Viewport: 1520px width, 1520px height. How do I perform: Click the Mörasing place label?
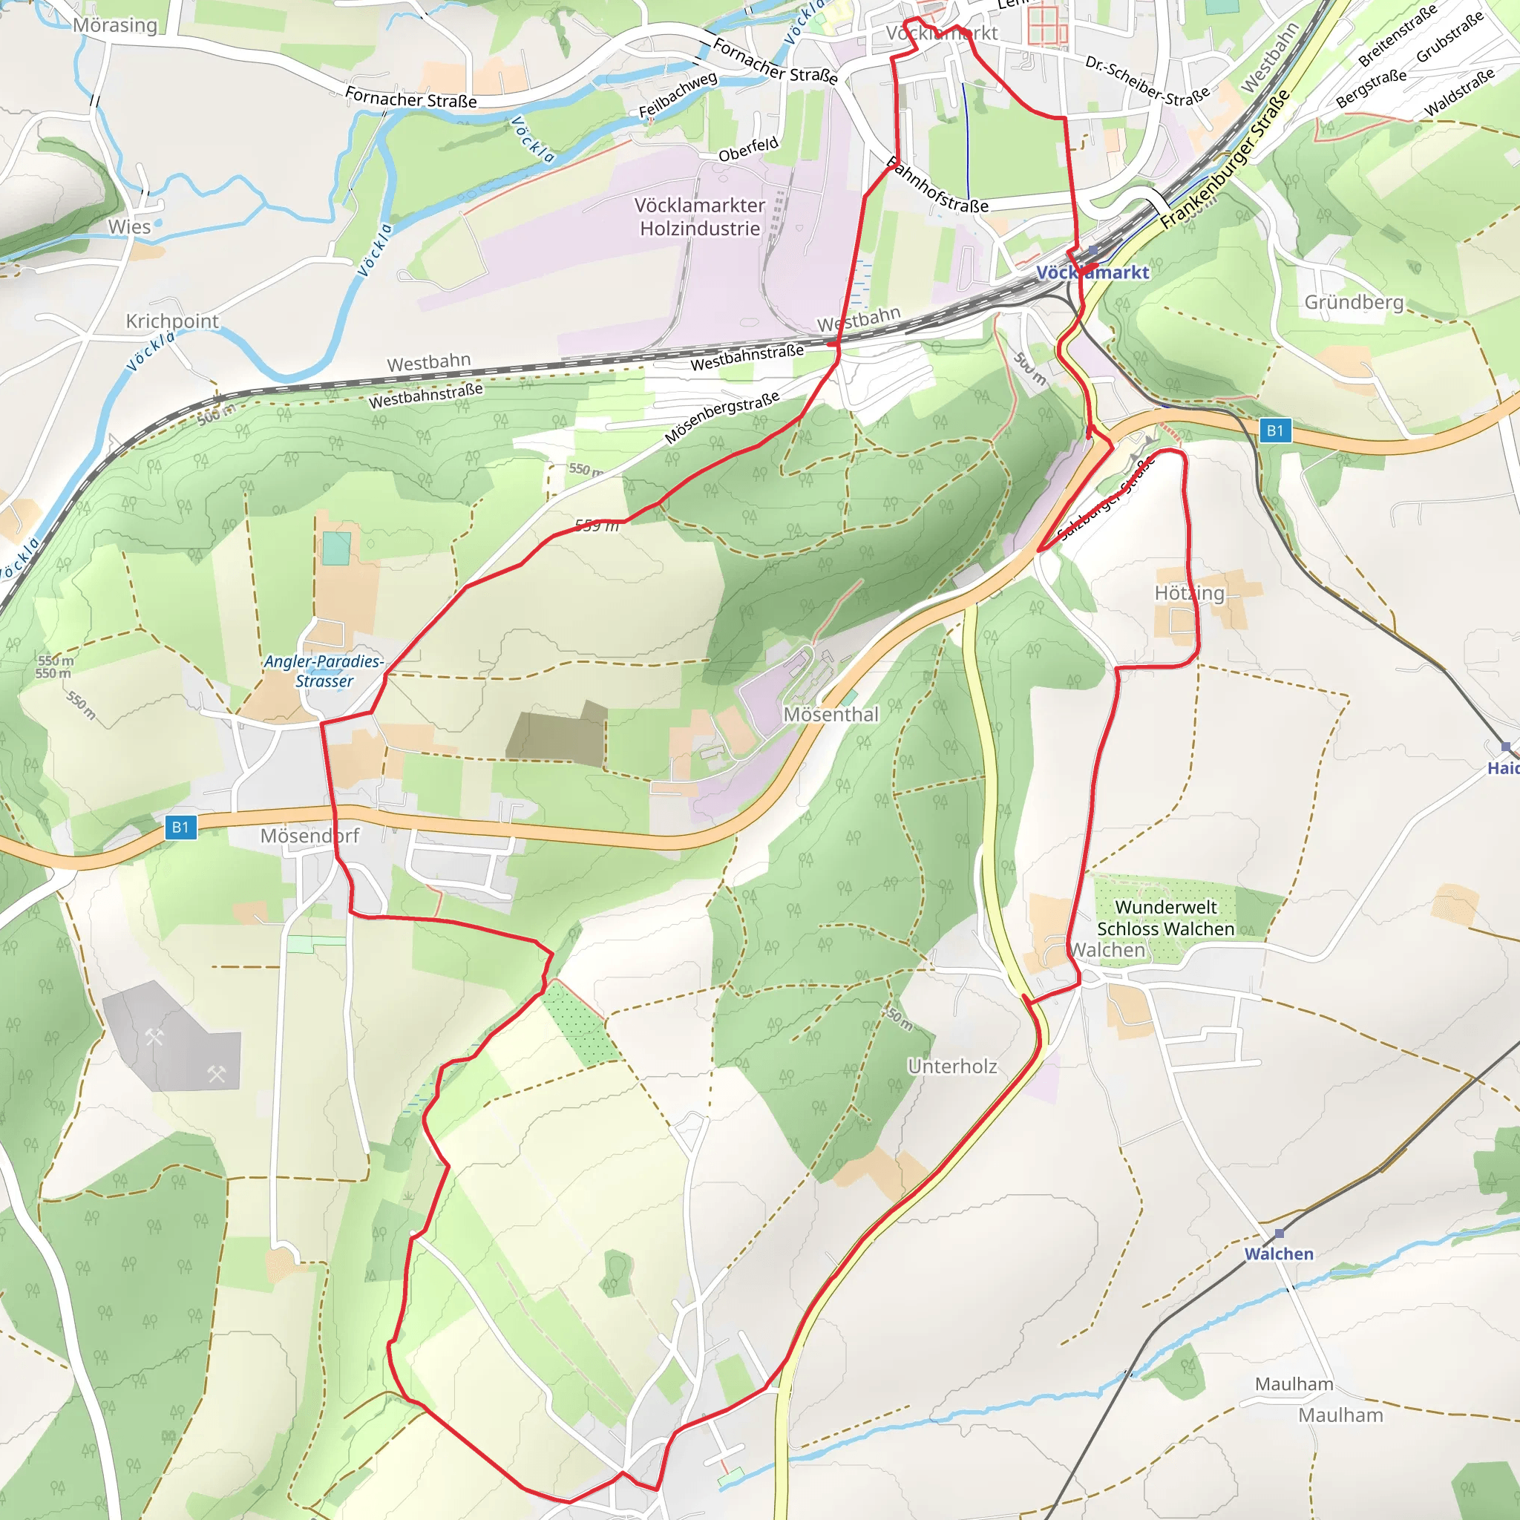(115, 25)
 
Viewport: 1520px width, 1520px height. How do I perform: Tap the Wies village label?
(129, 226)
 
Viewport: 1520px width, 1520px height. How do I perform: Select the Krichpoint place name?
(172, 321)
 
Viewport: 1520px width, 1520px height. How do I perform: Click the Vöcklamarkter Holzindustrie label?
(699, 217)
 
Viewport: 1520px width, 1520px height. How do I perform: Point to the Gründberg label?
(1353, 302)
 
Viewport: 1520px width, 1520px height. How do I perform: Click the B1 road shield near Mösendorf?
(181, 827)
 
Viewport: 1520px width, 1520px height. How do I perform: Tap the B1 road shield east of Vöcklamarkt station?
(1274, 430)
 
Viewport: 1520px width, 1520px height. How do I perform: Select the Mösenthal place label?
(831, 715)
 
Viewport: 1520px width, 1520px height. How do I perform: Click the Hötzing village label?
(1189, 593)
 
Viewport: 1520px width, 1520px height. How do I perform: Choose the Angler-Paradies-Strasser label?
(324, 671)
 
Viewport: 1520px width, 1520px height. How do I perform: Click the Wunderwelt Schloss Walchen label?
(1165, 918)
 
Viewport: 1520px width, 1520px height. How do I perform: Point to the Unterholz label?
(952, 1066)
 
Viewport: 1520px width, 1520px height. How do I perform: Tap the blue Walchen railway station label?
(1279, 1254)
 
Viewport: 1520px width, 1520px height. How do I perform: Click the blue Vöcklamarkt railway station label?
(1092, 273)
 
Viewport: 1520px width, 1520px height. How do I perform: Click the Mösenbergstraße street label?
(721, 417)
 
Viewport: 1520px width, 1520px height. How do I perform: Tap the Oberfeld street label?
(748, 148)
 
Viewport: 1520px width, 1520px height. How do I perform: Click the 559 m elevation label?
(597, 525)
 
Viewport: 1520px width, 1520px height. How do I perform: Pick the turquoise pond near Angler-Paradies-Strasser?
(336, 548)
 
